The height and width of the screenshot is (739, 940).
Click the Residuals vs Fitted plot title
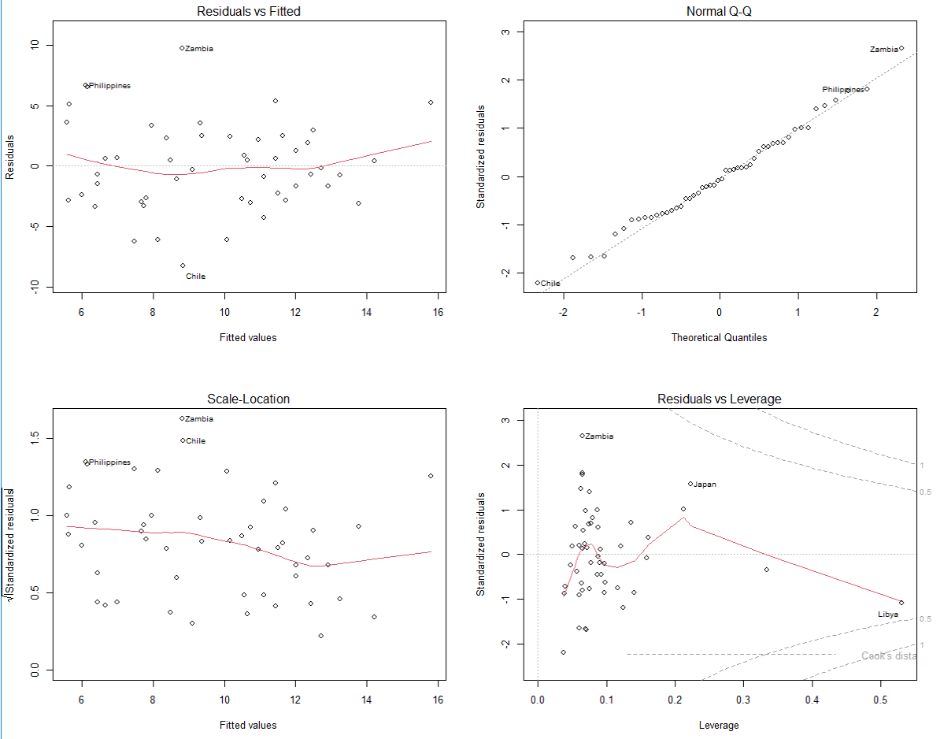pyautogui.click(x=248, y=12)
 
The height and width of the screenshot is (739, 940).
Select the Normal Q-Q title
pyautogui.click(x=719, y=12)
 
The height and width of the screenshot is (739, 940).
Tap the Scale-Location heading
pyautogui.click(x=248, y=399)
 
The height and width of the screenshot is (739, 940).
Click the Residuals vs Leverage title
pyautogui.click(x=719, y=399)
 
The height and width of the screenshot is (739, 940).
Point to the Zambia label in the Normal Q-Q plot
pyautogui.click(x=883, y=50)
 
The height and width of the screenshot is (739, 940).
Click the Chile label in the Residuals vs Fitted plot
pyautogui.click(x=195, y=277)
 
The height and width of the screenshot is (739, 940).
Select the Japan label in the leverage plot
pyautogui.click(x=705, y=485)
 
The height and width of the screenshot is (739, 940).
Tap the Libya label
pyautogui.click(x=888, y=614)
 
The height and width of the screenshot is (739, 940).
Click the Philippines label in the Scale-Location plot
pyautogui.click(x=109, y=462)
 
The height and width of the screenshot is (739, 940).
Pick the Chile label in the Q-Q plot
pyautogui.click(x=550, y=284)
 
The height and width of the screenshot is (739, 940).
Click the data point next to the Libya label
pyautogui.click(x=901, y=603)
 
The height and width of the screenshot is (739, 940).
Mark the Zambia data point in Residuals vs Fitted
pyautogui.click(x=182, y=48)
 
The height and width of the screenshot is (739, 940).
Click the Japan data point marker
pyautogui.click(x=690, y=484)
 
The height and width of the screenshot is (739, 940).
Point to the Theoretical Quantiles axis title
pyautogui.click(x=719, y=337)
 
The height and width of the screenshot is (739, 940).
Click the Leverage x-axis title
pyautogui.click(x=719, y=725)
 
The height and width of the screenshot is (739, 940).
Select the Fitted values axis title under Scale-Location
pyautogui.click(x=248, y=725)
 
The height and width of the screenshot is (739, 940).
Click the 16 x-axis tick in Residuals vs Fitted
pyautogui.click(x=439, y=312)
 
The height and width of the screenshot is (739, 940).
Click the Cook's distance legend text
pyautogui.click(x=889, y=655)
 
